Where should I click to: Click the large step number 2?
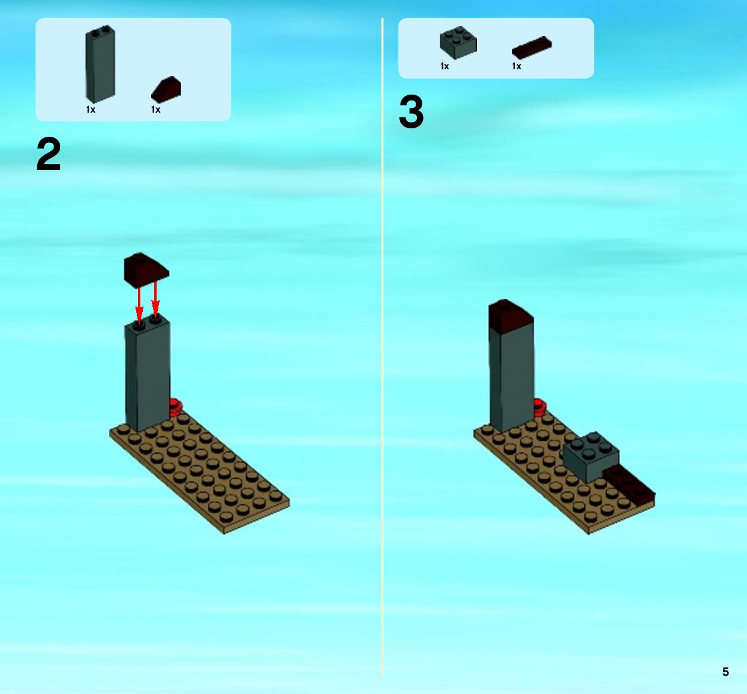point(49,154)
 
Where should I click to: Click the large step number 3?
point(411,111)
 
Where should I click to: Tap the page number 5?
point(725,672)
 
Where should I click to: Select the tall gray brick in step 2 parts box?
point(100,64)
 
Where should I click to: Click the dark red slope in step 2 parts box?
point(166,90)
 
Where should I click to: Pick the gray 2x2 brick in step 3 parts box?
point(458,43)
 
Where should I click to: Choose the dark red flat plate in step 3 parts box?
point(532,48)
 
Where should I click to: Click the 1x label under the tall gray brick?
point(90,110)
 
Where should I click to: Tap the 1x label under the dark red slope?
point(155,110)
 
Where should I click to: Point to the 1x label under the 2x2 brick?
point(445,66)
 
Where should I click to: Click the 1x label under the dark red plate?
point(516,66)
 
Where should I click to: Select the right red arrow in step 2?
point(155,301)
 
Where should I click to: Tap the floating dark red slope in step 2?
point(146,270)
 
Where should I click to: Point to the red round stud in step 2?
point(175,408)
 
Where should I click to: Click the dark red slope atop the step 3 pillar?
point(511,316)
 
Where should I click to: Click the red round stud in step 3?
point(539,408)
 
